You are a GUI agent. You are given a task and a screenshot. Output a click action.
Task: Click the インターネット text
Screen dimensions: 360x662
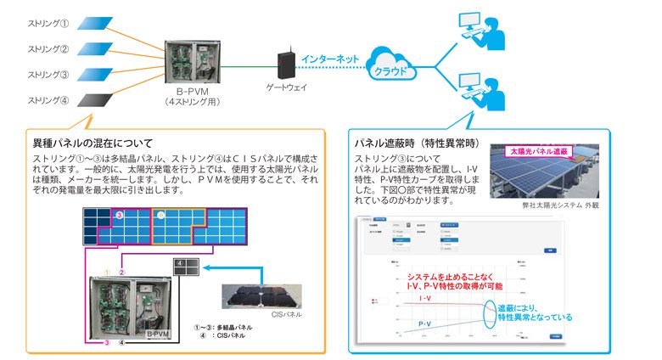coord(330,59)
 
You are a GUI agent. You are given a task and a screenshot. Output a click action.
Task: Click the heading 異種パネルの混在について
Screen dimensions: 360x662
coord(93,143)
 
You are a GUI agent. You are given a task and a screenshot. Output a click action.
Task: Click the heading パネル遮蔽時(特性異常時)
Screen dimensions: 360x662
coord(408,142)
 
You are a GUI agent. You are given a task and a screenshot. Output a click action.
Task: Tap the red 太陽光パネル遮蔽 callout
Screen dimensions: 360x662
coord(537,150)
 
